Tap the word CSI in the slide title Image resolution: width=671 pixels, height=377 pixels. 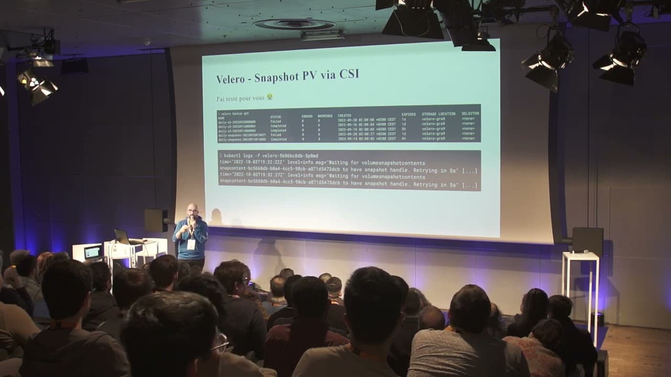(x=348, y=74)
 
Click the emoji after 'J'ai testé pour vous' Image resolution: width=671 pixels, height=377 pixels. (x=269, y=97)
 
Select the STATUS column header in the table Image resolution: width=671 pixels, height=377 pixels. (x=276, y=116)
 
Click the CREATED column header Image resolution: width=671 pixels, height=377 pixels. (x=344, y=115)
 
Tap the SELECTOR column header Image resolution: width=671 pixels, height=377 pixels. (x=470, y=113)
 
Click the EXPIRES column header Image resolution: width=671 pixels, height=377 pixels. (x=408, y=114)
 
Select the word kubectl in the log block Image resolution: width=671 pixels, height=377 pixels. (x=236, y=156)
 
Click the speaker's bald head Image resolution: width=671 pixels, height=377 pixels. (x=192, y=208)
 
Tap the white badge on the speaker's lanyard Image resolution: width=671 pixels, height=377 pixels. (x=191, y=244)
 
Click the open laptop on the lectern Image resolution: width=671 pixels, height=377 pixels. (x=123, y=237)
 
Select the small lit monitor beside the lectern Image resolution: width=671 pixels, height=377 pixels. (x=93, y=252)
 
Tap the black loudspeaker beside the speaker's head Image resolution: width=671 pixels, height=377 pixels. (x=156, y=220)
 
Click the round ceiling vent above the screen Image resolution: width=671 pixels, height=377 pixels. (x=294, y=24)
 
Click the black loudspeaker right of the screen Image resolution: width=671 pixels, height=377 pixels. (x=587, y=240)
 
